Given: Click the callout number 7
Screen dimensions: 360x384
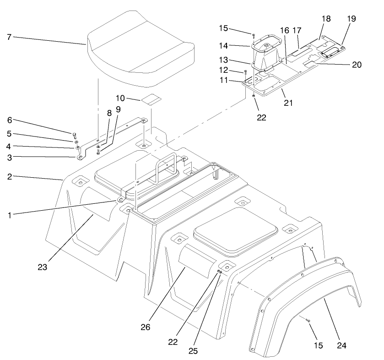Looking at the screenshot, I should coord(9,36).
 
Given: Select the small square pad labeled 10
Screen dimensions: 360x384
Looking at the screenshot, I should coord(151,99).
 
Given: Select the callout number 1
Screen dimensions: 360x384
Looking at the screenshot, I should coord(9,214).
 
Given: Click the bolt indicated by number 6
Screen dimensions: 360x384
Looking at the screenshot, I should coord(74,134).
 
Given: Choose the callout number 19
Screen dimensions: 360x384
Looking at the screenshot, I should coord(351,19).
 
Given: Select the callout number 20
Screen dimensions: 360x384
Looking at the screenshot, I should coord(357,65).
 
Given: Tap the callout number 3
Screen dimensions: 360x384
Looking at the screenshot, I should coord(9,157).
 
